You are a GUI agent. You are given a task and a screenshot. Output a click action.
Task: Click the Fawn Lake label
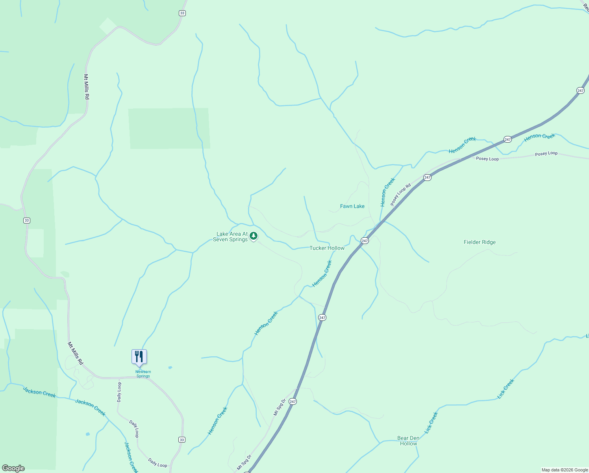352,206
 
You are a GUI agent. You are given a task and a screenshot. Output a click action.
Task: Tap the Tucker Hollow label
327,248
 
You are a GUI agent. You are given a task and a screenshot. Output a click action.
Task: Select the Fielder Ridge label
480,242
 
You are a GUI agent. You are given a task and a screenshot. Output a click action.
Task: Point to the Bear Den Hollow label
408,441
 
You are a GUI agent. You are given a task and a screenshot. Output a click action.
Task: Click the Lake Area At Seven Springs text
231,236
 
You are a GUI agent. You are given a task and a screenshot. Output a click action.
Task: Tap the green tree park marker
254,236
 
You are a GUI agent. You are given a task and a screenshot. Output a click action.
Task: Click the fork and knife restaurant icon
139,356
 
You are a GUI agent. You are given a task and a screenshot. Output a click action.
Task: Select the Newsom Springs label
143,374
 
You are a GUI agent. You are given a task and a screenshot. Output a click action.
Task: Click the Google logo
13,468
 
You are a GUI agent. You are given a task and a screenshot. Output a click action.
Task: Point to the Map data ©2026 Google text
565,470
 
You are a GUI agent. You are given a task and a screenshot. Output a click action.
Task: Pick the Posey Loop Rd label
400,194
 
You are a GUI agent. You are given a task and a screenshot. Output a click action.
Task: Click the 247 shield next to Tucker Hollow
365,241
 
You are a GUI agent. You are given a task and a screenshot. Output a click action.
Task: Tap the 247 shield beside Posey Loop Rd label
428,178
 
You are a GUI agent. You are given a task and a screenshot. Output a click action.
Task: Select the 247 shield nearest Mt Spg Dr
292,401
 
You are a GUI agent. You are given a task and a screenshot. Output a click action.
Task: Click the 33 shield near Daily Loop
181,440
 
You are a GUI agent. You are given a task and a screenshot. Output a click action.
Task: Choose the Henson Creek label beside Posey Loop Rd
387,192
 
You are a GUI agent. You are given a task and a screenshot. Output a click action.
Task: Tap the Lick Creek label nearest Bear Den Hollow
431,423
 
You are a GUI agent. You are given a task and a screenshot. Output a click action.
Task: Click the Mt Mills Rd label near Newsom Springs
75,353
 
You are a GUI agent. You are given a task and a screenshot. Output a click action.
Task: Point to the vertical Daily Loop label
119,392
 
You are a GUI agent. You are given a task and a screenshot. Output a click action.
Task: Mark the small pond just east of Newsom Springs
170,367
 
